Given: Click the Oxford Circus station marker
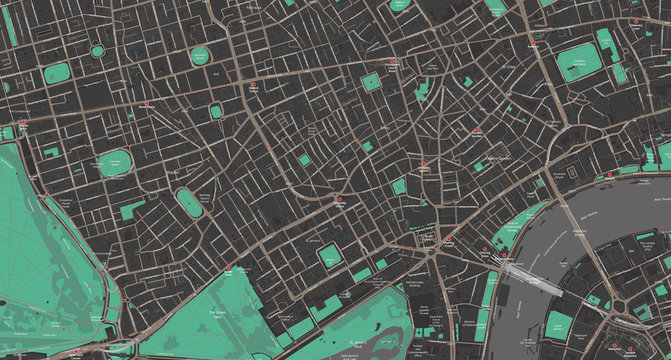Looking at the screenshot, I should (x=253, y=87).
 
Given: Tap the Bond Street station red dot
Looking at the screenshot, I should (x=147, y=104).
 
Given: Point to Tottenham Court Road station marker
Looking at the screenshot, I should (x=393, y=61).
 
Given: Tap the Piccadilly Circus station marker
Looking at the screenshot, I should (x=341, y=200).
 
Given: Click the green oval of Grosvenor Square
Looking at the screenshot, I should (x=116, y=163).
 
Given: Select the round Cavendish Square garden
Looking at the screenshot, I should (x=216, y=112).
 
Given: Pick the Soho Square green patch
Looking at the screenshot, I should (x=372, y=82).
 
